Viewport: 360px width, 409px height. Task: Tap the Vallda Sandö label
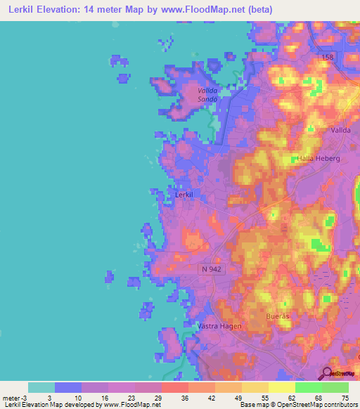point(207,95)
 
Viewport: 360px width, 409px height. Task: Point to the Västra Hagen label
point(219,326)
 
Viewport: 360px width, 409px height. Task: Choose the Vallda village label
point(340,131)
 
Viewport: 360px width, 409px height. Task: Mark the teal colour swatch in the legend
point(41,387)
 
